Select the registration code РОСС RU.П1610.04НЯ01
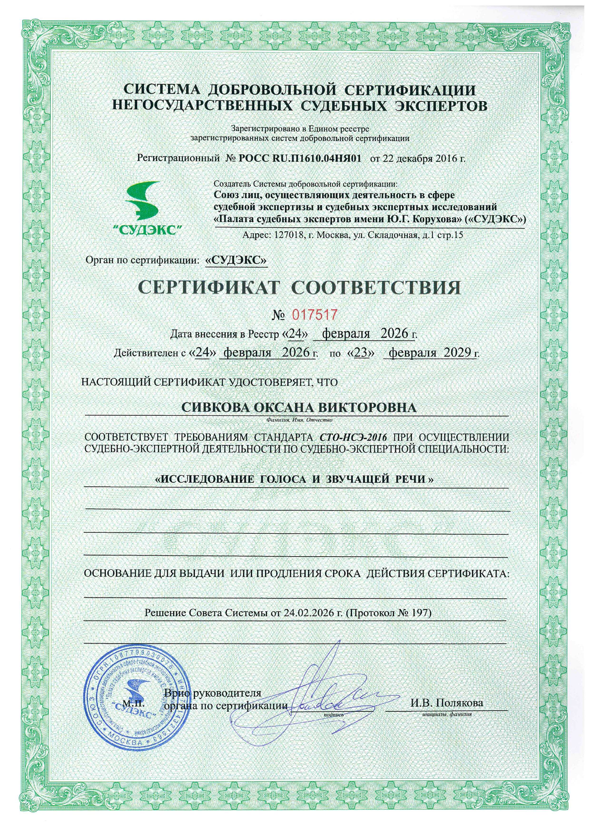pos(301,158)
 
